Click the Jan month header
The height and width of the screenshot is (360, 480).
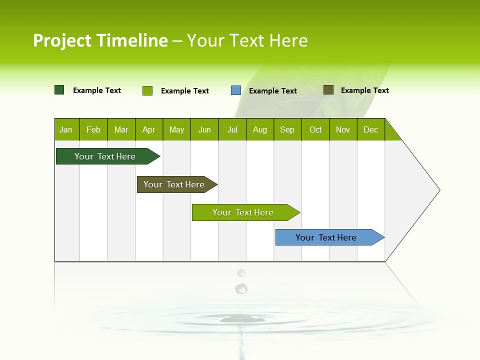[66, 129]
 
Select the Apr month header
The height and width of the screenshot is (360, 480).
[149, 129]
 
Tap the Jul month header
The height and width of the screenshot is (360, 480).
[232, 129]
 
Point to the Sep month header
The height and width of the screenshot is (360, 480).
[287, 129]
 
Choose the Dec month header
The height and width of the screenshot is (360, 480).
[370, 129]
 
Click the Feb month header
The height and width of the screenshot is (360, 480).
[93, 129]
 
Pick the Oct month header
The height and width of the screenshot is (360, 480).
[315, 129]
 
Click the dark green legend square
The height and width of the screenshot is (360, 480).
[59, 90]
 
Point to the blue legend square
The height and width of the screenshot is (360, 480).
[236, 90]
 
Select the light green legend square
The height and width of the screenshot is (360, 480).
[147, 90]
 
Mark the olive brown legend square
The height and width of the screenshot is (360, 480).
[328, 90]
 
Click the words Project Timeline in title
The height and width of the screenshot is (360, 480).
[100, 40]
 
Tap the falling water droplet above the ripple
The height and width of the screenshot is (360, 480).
[241, 288]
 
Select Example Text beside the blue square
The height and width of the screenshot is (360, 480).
[273, 91]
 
